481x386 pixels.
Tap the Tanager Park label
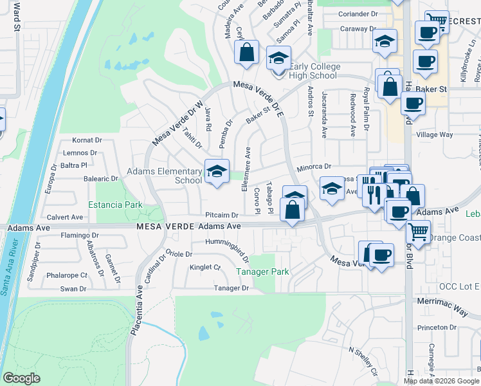point(262,272)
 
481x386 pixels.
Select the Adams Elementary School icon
point(217,171)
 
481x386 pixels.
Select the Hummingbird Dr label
point(227,245)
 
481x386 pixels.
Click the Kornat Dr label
point(87,140)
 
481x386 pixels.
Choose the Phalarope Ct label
point(66,275)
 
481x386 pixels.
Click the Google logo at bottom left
point(21,378)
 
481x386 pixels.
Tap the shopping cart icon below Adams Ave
point(419,230)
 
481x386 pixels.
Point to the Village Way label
point(435,135)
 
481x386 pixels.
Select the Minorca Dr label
point(314,167)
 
